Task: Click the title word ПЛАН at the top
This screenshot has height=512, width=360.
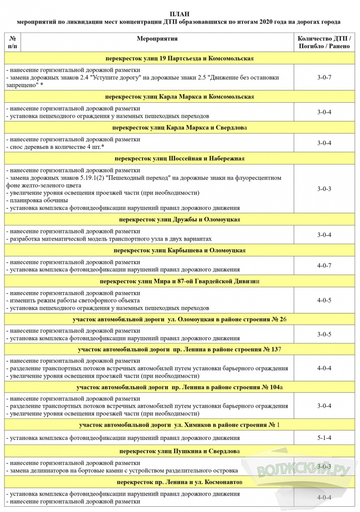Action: click(x=180, y=13)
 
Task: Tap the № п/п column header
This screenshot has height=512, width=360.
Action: click(x=12, y=42)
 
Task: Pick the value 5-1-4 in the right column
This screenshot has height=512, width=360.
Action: click(x=324, y=438)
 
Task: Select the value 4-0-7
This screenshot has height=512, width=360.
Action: click(x=324, y=266)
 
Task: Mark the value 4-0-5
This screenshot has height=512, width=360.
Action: click(x=324, y=300)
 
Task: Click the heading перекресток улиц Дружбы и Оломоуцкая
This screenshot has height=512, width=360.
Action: click(x=180, y=219)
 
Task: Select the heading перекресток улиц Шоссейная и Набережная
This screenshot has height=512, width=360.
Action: click(x=180, y=158)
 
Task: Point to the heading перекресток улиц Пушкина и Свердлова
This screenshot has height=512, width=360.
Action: click(x=180, y=451)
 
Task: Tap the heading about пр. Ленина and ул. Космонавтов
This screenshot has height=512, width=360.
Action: click(x=180, y=482)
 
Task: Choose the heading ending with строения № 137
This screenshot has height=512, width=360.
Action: click(x=180, y=349)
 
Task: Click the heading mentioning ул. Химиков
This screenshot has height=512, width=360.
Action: click(x=180, y=425)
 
